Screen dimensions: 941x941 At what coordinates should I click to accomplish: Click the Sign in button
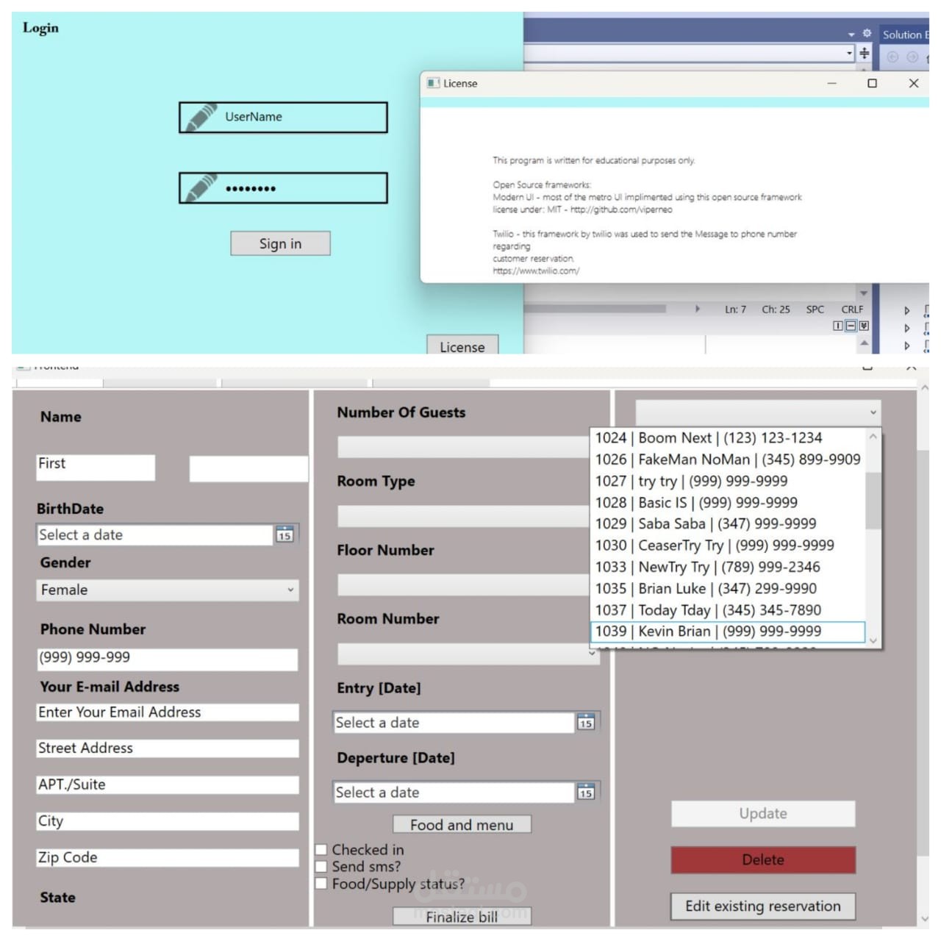(x=280, y=243)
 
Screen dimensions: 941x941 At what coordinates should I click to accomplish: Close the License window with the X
(x=913, y=83)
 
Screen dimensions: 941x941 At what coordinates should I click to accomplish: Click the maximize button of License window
(x=872, y=83)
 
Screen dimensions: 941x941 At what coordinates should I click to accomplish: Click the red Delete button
(x=763, y=859)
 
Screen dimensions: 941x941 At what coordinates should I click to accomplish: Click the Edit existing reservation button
(x=763, y=906)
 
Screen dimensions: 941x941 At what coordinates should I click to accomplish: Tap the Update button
(x=763, y=814)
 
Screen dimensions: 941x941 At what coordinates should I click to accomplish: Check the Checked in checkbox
(x=321, y=850)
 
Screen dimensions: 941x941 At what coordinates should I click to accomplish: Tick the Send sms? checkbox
(x=321, y=867)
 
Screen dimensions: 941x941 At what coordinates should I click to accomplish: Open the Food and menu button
(x=462, y=825)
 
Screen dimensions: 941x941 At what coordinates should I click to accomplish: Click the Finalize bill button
(x=462, y=917)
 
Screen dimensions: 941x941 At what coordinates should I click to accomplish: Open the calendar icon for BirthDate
(x=285, y=534)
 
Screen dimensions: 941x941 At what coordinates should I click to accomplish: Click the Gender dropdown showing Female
(x=168, y=590)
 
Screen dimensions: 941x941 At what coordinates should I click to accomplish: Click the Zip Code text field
(x=168, y=857)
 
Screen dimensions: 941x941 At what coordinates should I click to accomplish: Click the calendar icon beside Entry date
(x=585, y=723)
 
